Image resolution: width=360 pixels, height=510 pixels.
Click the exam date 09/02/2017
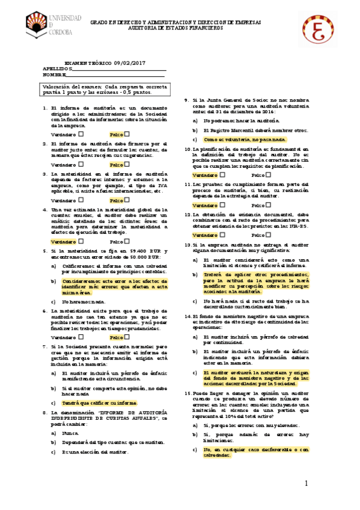(129, 63)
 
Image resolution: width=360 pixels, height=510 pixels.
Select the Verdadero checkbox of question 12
(223, 235)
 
